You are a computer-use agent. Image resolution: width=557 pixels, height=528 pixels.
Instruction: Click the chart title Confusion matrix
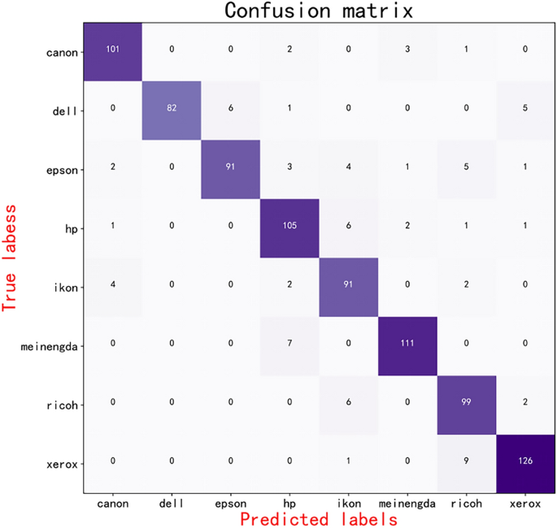(318, 11)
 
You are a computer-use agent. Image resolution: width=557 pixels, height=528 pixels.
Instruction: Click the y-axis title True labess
(11, 259)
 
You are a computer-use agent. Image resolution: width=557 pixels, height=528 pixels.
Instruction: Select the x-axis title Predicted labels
(318, 517)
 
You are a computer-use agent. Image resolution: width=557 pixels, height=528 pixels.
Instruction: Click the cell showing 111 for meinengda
(407, 344)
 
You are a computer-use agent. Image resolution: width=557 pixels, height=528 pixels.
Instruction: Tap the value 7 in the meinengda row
(289, 344)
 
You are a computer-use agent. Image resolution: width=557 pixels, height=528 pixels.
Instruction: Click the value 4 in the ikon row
(112, 285)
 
